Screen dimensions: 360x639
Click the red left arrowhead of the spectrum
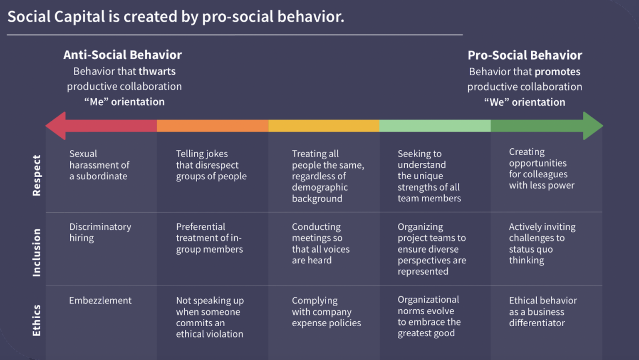pos(56,126)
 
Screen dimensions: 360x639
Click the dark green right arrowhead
pos(592,126)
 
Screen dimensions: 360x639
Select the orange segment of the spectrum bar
pos(212,126)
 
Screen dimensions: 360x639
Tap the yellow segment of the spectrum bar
pos(324,126)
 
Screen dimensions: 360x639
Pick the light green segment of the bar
pos(435,126)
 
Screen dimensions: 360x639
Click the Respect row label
pos(37,176)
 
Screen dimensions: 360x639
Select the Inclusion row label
pos(37,253)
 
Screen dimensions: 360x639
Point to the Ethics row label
pos(37,320)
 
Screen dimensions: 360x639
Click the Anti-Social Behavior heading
pos(122,55)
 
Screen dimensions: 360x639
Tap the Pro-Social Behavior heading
pos(525,55)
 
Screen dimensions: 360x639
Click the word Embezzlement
pos(100,300)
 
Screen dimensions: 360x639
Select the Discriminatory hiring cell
pos(100,232)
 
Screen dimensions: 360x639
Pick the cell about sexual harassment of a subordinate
pos(99,165)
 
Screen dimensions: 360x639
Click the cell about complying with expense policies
pos(326,312)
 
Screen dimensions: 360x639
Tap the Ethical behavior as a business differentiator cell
pos(542,312)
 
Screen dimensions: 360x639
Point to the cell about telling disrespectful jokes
pos(211,165)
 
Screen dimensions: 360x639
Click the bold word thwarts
pos(157,71)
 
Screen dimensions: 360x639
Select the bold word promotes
pos(557,72)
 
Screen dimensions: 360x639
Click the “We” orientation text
pos(525,102)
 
